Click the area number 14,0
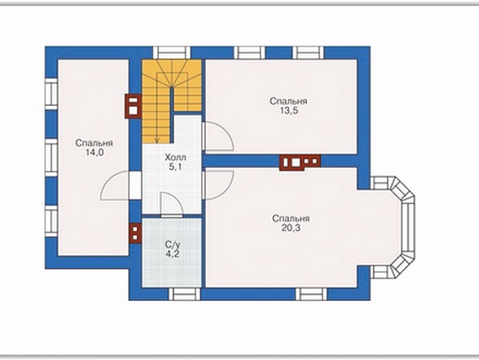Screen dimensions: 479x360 click(94, 152)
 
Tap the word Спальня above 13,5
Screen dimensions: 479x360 click(288, 101)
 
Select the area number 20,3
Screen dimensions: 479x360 click(291, 228)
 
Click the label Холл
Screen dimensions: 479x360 click(175, 158)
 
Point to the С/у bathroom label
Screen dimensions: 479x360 click(172, 245)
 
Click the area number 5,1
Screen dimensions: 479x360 click(175, 167)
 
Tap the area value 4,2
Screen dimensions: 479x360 click(172, 254)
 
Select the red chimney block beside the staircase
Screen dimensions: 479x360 click(133, 106)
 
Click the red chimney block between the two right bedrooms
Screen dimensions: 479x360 click(300, 162)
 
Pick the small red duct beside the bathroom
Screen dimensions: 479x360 click(135, 233)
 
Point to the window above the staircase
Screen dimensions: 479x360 click(172, 53)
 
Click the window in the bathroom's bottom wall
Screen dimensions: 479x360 click(184, 294)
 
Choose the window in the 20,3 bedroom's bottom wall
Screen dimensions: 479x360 click(311, 294)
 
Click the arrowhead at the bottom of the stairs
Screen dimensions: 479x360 click(157, 141)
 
